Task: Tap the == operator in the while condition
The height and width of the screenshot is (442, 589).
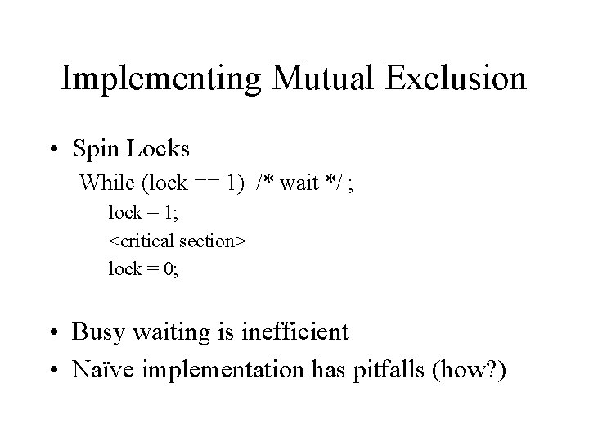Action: (209, 183)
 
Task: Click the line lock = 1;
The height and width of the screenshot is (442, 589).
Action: (143, 214)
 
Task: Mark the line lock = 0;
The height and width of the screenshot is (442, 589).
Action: (143, 269)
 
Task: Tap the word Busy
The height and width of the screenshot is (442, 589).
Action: (94, 333)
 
